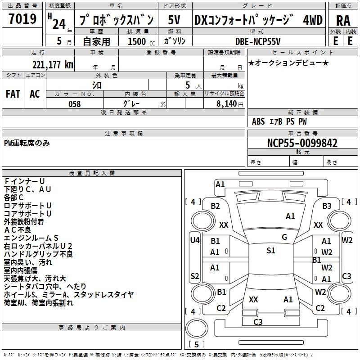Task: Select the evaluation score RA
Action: (343, 21)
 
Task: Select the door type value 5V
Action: (175, 20)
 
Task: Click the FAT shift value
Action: (13, 94)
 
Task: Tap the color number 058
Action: (74, 104)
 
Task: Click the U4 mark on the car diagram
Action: (194, 240)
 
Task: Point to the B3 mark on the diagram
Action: (327, 206)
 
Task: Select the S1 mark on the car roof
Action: (270, 251)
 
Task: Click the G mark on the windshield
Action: (284, 237)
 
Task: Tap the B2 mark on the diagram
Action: (216, 206)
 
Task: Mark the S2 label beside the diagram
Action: (194, 276)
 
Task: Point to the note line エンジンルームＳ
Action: (31, 238)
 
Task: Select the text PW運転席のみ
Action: (27, 143)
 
